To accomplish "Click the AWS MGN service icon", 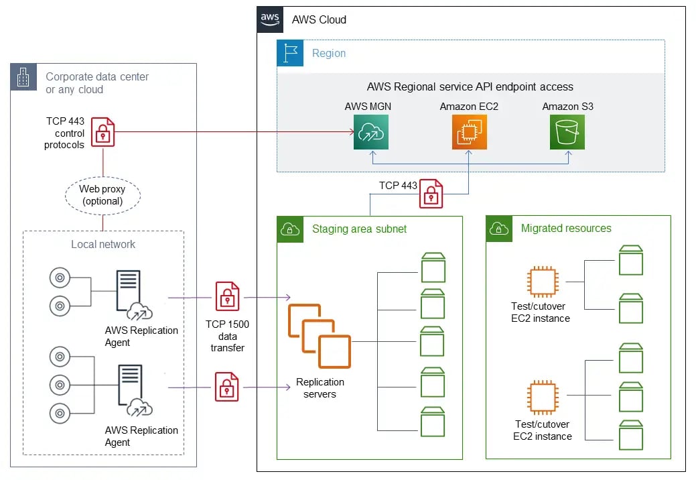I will (x=371, y=131).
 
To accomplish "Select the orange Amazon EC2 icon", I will (x=469, y=131).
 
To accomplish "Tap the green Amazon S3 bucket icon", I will (x=567, y=131).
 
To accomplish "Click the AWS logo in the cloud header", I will (x=271, y=19).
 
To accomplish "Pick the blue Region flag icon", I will (x=290, y=53).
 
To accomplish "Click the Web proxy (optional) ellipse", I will (x=102, y=195).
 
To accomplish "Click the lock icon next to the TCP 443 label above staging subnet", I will (x=431, y=194).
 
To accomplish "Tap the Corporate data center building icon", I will (x=23, y=77).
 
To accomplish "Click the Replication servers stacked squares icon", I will (x=320, y=336).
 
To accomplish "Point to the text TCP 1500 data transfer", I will (x=227, y=336).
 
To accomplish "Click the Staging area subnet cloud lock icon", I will (x=290, y=229).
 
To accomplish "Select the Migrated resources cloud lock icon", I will (x=499, y=229).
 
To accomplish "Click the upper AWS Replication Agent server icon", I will (x=129, y=290).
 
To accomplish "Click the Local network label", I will (x=103, y=244).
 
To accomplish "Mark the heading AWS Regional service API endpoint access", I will (x=470, y=86).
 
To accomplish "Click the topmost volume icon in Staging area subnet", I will (x=433, y=267).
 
